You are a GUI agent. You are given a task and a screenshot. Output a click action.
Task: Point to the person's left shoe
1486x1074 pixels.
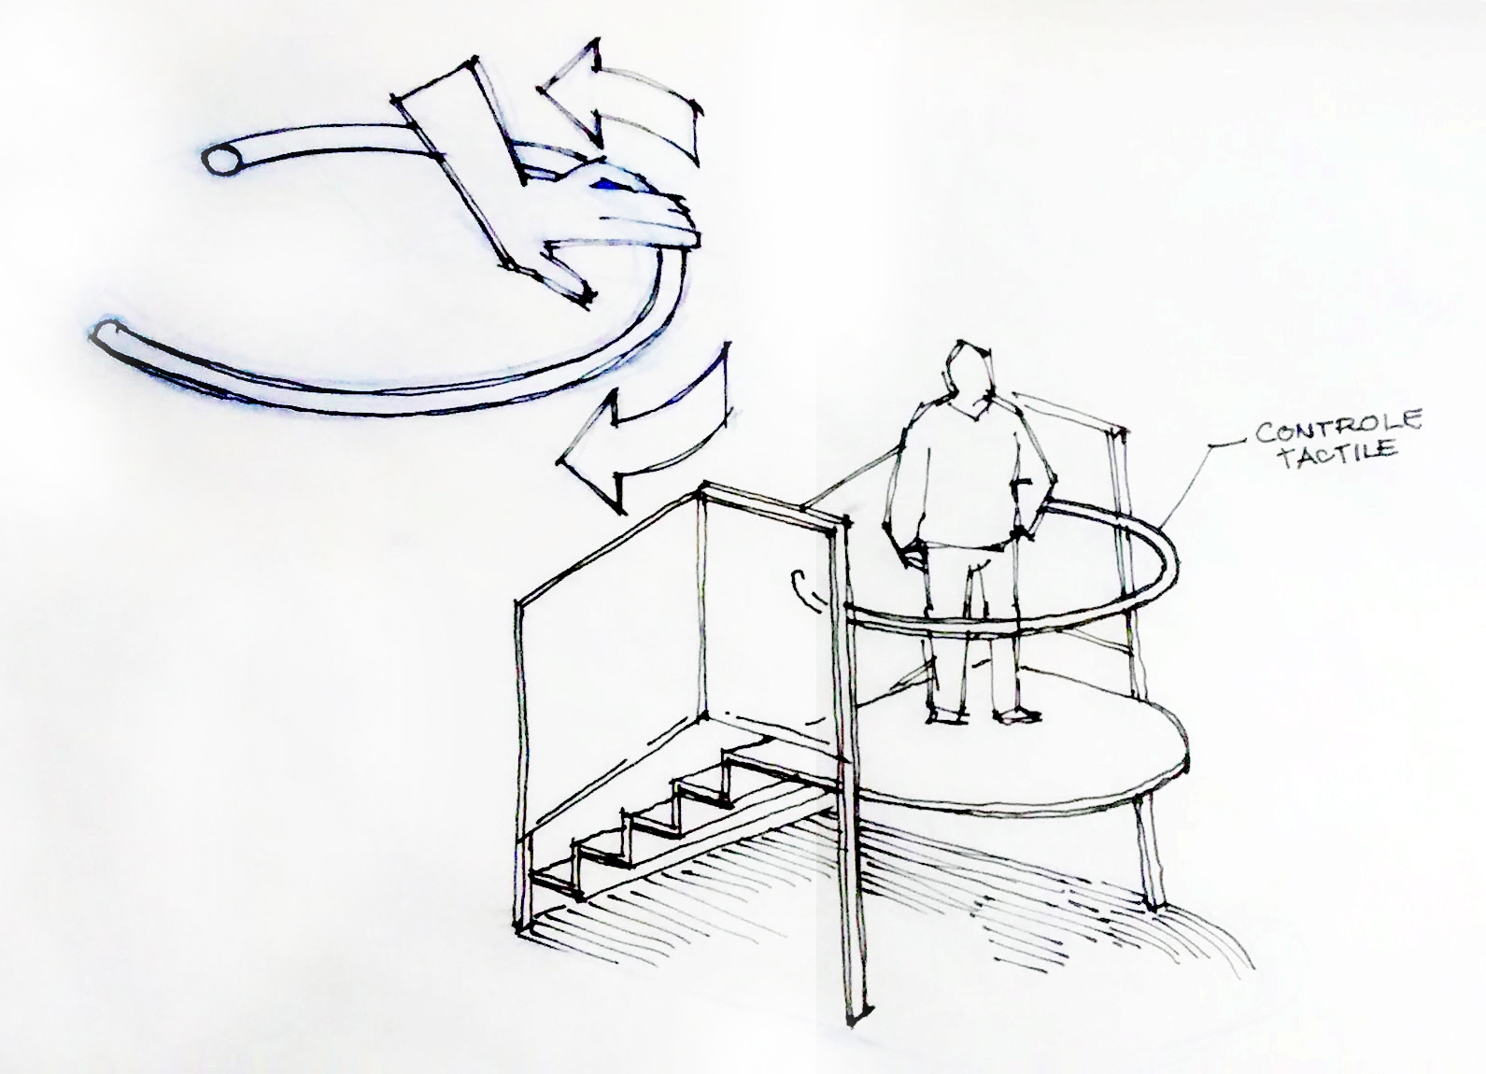point(1015,715)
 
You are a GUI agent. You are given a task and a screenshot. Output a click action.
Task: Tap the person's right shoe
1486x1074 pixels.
point(945,716)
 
